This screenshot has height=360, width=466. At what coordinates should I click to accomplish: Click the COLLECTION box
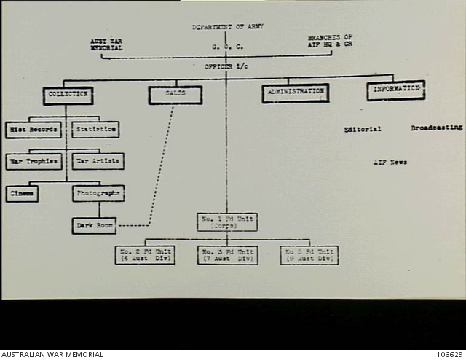(x=68, y=95)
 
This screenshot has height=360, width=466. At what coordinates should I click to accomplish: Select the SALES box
(x=175, y=95)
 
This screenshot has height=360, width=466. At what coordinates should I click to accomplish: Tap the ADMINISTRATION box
(x=295, y=93)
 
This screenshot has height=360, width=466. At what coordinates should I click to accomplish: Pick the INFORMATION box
(x=395, y=90)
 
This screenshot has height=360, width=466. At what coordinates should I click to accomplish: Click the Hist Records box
(x=33, y=130)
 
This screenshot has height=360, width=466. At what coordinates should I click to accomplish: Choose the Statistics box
(x=95, y=130)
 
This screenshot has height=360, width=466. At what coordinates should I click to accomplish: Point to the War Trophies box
(x=34, y=161)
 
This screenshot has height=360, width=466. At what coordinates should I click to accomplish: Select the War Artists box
(x=98, y=161)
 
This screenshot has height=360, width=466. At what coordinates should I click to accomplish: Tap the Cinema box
(x=22, y=195)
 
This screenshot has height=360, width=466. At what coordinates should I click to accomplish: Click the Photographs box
(x=98, y=194)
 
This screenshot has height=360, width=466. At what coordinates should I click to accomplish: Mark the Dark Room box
(x=95, y=226)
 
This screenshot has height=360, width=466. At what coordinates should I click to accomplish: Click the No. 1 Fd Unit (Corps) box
(x=226, y=222)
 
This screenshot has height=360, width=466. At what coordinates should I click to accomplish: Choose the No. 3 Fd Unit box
(x=227, y=255)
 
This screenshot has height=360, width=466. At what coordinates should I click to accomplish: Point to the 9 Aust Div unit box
(x=309, y=255)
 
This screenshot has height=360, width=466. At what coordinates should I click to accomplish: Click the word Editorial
(x=363, y=129)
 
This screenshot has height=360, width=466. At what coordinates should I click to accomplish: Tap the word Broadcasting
(x=436, y=128)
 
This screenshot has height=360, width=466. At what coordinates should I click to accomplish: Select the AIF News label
(x=390, y=163)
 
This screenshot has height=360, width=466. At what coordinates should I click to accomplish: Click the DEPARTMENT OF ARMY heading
(x=228, y=27)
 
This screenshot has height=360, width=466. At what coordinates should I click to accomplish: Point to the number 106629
(x=450, y=355)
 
